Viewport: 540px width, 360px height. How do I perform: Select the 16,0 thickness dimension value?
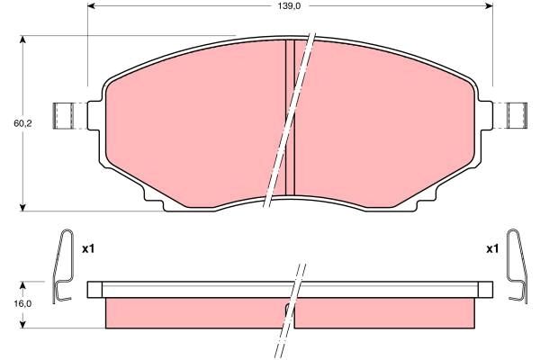[22, 304]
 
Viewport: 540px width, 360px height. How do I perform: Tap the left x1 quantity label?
[88, 248]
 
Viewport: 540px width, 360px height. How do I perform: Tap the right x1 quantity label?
[492, 248]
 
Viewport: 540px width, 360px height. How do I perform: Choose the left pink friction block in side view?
[193, 312]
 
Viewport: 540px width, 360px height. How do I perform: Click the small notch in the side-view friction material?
[288, 309]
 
